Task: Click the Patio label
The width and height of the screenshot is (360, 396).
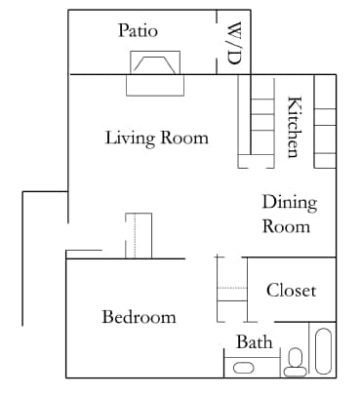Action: pos(138,30)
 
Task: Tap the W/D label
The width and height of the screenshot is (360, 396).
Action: pos(234,43)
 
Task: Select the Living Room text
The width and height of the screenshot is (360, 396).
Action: pos(156,138)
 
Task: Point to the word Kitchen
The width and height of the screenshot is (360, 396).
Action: pos(293,126)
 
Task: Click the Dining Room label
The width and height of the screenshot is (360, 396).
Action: pos(290,215)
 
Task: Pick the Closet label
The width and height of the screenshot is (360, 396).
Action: pos(291,290)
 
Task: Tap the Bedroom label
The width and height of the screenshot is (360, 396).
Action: pos(139,317)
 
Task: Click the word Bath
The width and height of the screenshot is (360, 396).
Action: pos(254,341)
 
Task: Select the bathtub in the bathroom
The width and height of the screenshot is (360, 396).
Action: pos(323,352)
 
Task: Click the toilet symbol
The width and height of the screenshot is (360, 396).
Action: pos(294,363)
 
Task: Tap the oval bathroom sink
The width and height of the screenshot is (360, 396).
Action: pos(244,368)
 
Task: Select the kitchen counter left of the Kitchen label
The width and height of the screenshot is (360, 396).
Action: pos(257,122)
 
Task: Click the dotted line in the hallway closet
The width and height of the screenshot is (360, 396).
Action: pos(231,289)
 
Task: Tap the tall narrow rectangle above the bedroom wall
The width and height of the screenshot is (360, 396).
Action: pos(139,235)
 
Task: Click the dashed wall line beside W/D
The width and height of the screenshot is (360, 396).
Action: pos(217,41)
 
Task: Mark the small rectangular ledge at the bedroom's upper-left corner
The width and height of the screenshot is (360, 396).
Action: pos(84,254)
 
